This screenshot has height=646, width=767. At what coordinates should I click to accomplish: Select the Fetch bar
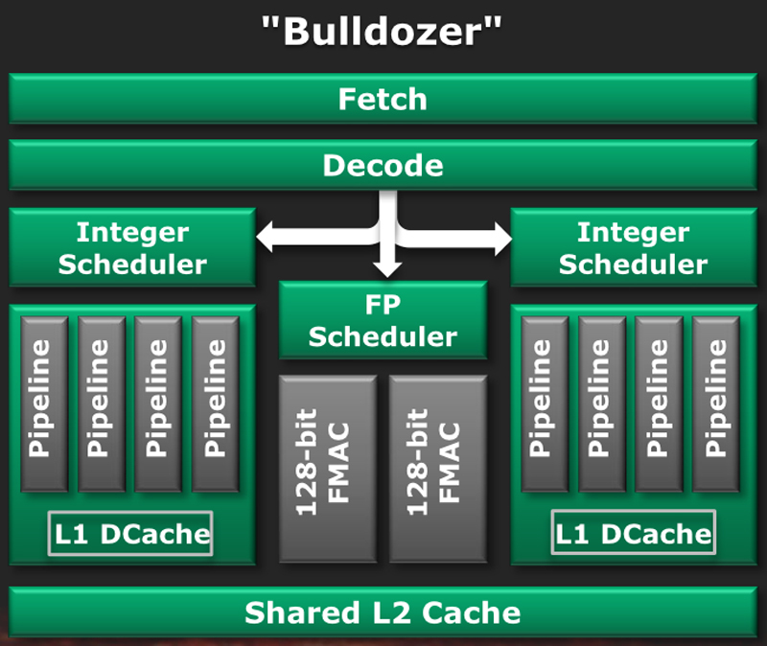(x=383, y=99)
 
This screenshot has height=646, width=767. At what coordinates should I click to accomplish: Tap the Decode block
(x=383, y=165)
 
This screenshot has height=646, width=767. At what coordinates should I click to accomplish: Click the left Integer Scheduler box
(x=132, y=247)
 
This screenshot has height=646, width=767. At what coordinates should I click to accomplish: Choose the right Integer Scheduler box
(x=633, y=247)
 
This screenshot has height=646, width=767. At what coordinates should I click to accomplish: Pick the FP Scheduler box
(x=383, y=321)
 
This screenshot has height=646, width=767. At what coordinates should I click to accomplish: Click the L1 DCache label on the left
(x=129, y=534)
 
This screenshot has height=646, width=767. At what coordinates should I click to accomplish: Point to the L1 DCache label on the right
(x=634, y=534)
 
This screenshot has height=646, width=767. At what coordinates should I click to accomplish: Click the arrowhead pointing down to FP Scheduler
(x=387, y=268)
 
